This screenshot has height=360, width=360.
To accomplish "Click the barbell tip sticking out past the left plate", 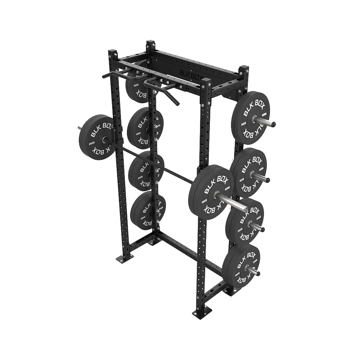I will (77, 127).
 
